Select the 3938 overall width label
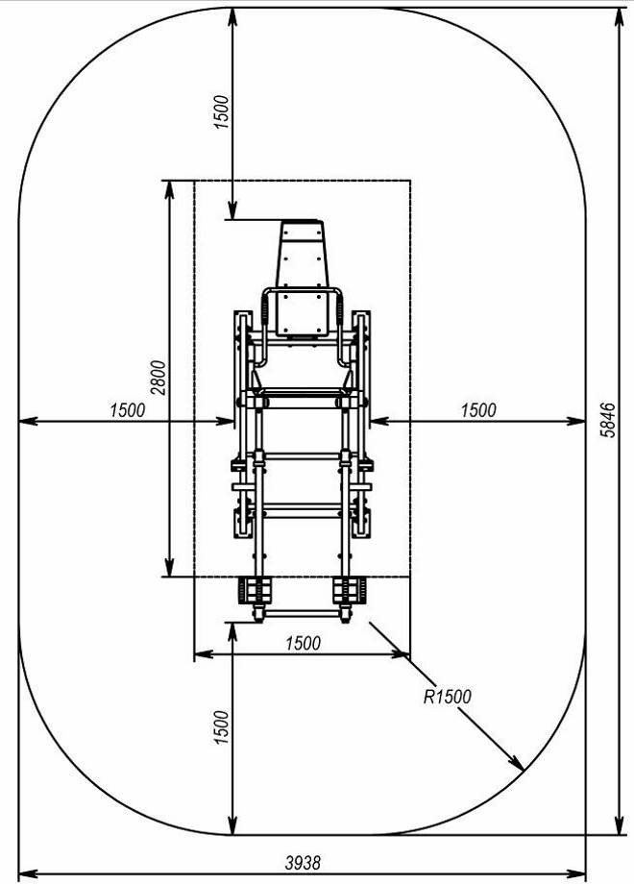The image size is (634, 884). pos(303,863)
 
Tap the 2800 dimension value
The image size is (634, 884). pos(159,378)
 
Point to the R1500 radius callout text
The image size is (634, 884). pos(447,697)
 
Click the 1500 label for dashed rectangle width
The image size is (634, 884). pos(304,643)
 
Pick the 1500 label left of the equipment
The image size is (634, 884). pos(128,410)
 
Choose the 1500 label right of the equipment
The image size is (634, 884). pos(478,410)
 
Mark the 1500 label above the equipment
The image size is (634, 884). pos(222,112)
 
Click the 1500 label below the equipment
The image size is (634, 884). pos(222,727)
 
